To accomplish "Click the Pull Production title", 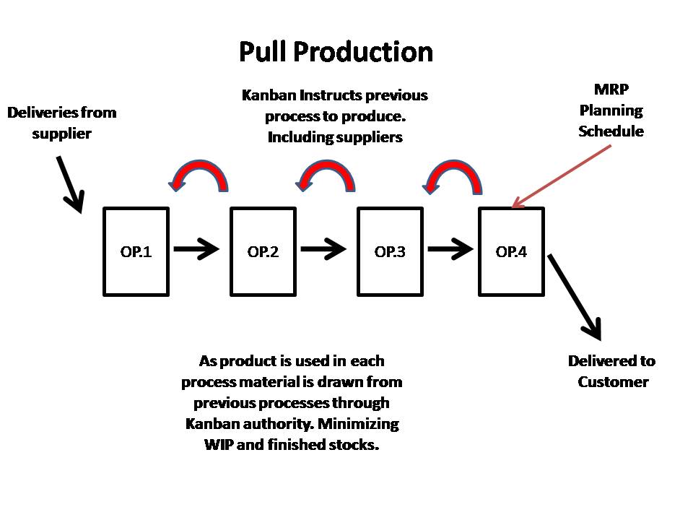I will pyautogui.click(x=336, y=52).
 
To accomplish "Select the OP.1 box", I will pyautogui.click(x=136, y=251).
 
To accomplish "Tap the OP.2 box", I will pyautogui.click(x=263, y=251).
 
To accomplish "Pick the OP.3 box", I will pyautogui.click(x=390, y=251).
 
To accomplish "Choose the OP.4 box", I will pyautogui.click(x=511, y=251).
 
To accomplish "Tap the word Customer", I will pyautogui.click(x=613, y=382).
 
